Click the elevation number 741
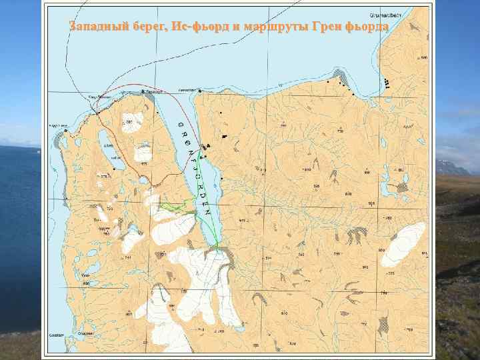127,257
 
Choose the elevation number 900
367,173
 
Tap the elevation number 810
284,312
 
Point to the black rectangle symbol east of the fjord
225,136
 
